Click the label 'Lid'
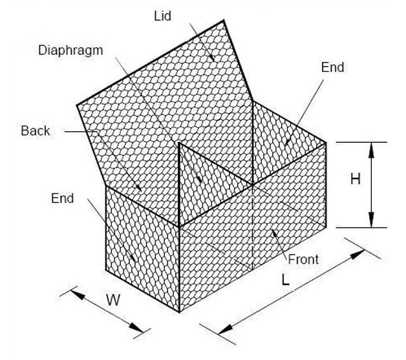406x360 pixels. click(163, 16)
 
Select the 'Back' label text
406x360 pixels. click(35, 131)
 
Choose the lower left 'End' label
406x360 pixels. click(63, 198)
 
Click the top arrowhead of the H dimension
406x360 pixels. click(372, 147)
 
